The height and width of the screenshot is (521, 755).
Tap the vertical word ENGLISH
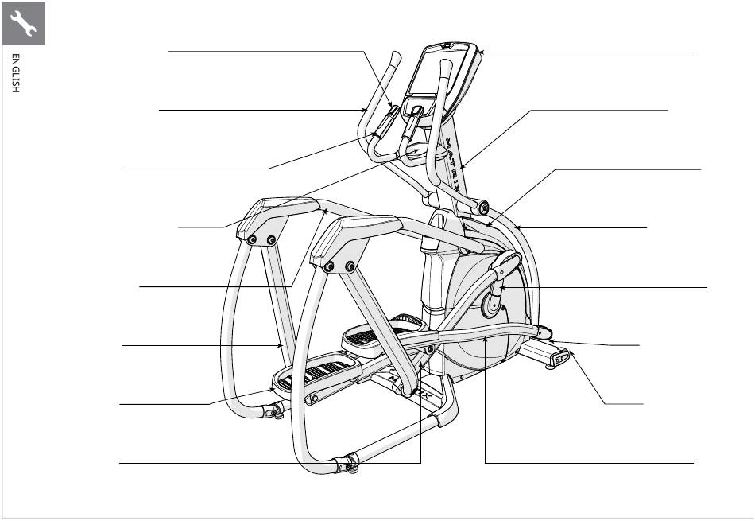14,74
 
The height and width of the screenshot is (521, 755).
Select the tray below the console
416,150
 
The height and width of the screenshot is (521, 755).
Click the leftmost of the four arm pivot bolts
252,239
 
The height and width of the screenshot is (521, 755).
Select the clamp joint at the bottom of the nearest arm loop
346,462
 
